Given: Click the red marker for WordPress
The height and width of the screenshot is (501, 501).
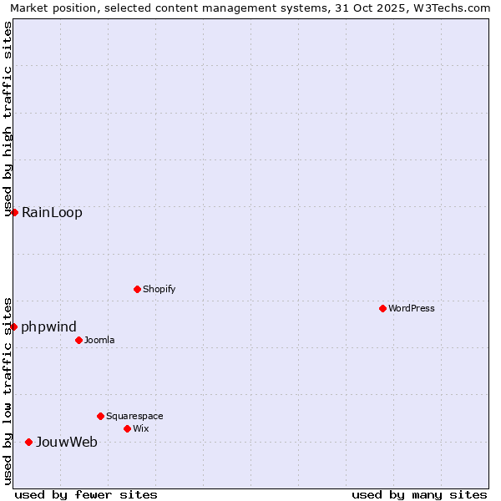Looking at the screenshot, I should (x=382, y=308).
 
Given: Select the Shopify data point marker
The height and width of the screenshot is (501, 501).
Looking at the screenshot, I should (x=137, y=289).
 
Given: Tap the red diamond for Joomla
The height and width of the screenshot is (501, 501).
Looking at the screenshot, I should (x=78, y=340).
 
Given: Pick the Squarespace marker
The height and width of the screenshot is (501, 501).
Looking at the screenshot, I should (x=100, y=416).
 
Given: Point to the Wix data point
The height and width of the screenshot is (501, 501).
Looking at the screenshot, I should (x=127, y=428).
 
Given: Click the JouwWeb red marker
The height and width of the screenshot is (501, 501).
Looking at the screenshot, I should (x=28, y=442).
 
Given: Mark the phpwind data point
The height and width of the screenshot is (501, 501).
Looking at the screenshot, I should (x=14, y=326).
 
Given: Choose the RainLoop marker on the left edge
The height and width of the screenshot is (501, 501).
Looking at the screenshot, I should (x=14, y=212).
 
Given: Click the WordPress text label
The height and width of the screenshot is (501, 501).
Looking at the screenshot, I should (x=412, y=308).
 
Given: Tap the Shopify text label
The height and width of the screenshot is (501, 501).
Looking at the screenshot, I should (x=159, y=289).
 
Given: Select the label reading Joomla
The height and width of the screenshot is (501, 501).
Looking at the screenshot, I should (x=99, y=340).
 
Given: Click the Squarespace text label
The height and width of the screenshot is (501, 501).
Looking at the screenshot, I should (x=134, y=416).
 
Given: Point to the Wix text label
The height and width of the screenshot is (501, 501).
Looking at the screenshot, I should (x=141, y=428).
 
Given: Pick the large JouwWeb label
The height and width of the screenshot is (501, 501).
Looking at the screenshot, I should (x=67, y=442).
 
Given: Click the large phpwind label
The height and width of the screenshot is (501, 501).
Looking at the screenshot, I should (x=49, y=326).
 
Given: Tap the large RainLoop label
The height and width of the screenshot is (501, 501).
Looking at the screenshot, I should (x=53, y=212).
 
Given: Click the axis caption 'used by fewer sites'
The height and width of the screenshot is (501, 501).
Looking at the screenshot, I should (x=86, y=494).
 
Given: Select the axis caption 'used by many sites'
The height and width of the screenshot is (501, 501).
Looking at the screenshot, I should (x=419, y=494).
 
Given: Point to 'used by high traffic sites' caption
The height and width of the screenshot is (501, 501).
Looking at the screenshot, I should (x=8, y=119).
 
